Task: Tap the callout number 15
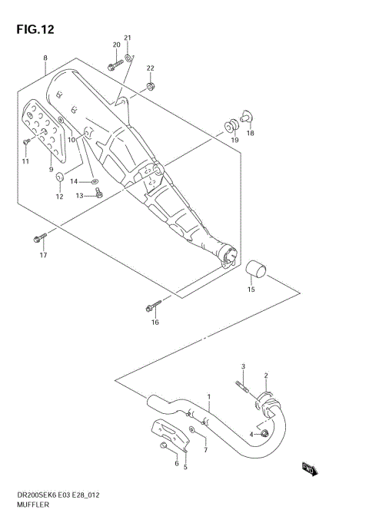coord(251,290)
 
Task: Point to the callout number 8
coord(45,58)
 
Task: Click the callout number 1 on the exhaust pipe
coord(208,397)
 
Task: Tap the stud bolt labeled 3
coord(241,385)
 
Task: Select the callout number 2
coord(266,376)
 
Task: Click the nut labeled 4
coord(264,434)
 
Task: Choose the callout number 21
coord(128,38)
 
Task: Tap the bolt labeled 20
coord(113,67)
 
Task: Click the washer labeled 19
coord(231,125)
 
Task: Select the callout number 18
coord(250,133)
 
